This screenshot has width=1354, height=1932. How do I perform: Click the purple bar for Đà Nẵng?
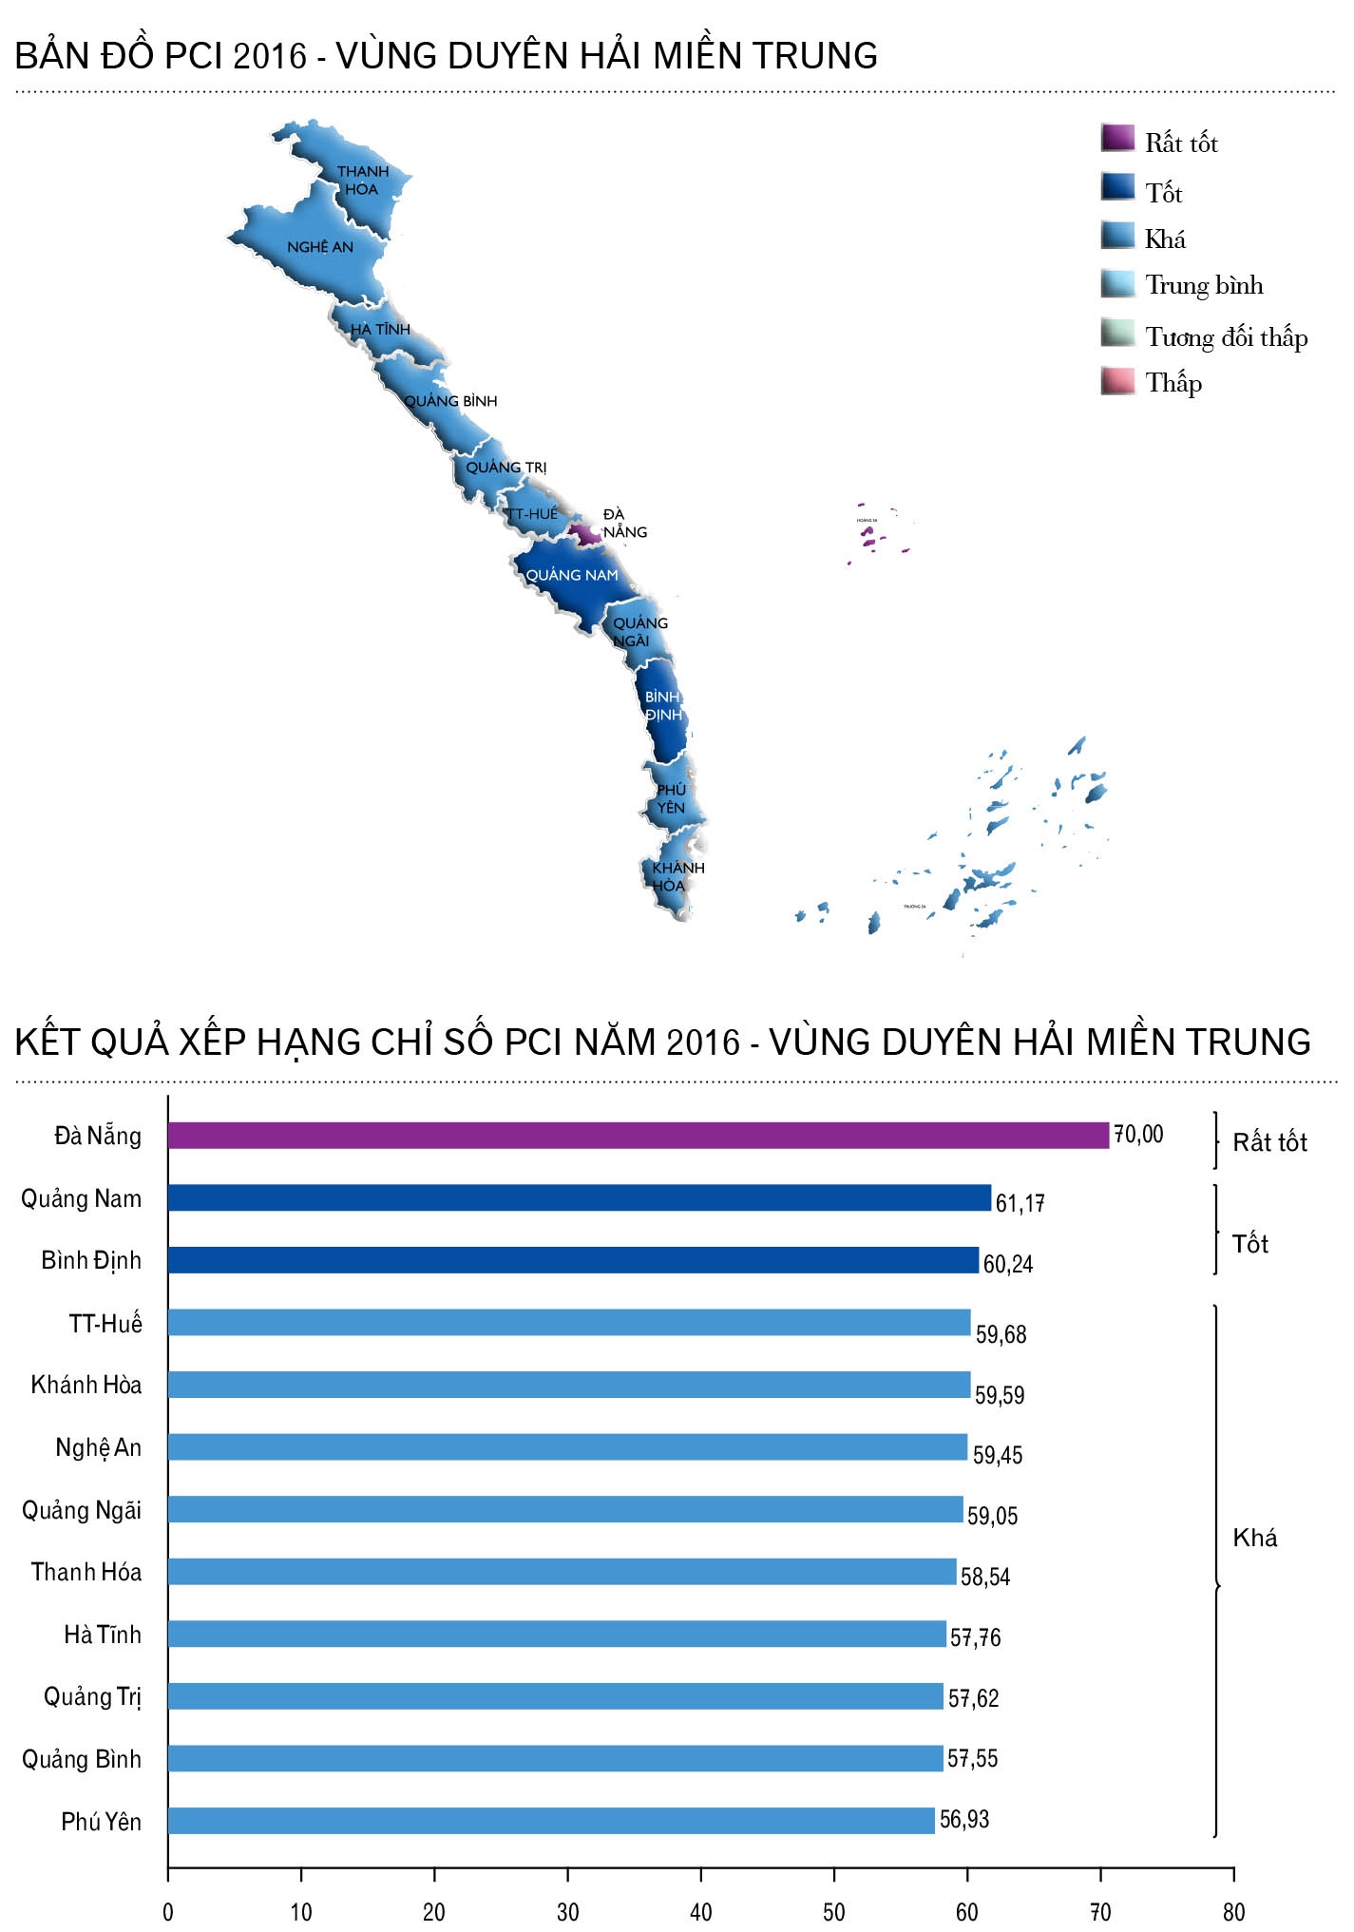click(638, 1135)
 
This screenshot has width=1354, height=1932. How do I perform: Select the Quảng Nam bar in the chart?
click(579, 1197)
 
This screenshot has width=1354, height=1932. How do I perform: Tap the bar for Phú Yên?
click(551, 1820)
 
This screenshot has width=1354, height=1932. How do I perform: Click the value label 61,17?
click(1020, 1203)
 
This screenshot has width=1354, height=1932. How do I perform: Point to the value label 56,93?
click(963, 1819)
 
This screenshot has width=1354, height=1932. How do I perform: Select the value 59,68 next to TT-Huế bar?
click(1001, 1334)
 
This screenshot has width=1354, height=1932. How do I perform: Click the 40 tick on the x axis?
click(700, 1911)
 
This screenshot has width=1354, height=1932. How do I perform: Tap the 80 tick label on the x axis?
click(1233, 1911)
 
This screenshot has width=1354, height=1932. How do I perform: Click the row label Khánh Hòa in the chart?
click(86, 1385)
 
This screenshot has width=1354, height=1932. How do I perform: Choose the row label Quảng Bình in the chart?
click(82, 1759)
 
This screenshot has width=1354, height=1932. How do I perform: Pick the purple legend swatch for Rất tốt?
click(1117, 139)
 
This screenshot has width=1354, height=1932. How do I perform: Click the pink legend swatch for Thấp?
click(1117, 381)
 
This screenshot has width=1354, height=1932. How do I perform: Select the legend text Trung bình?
click(1204, 285)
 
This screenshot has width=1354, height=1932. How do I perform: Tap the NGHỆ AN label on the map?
click(320, 247)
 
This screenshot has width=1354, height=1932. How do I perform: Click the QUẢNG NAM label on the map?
click(572, 575)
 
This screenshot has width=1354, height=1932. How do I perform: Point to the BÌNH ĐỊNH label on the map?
click(663, 706)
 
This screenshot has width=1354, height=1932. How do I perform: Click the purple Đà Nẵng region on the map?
click(585, 534)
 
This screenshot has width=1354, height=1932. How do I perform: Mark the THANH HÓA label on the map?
click(362, 181)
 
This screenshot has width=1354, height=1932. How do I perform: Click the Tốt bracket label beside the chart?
click(1249, 1244)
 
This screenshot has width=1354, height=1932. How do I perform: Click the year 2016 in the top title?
click(270, 56)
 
